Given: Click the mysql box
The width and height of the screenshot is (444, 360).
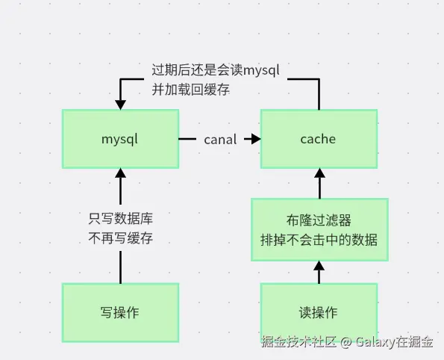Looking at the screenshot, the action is (x=120, y=139).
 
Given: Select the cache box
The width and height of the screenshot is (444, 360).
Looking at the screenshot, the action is (x=319, y=139).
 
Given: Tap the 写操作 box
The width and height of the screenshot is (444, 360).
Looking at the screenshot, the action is (x=120, y=313).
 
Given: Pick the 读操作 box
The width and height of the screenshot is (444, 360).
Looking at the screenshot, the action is (x=319, y=311).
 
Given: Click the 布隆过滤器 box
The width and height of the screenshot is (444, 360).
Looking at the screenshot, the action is (x=319, y=229).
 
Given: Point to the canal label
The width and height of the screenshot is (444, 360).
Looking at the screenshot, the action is (x=220, y=140).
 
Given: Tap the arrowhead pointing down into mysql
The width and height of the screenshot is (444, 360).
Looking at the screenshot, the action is (x=120, y=105).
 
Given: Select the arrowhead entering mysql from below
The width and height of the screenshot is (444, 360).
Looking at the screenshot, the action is (x=120, y=173).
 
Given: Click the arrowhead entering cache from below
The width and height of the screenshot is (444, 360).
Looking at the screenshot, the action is (x=319, y=173).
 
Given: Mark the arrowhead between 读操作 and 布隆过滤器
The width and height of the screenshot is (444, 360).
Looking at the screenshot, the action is (x=319, y=266).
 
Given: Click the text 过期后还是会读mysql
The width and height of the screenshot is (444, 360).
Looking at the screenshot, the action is (x=216, y=70).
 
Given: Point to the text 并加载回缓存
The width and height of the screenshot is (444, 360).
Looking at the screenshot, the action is (x=190, y=90).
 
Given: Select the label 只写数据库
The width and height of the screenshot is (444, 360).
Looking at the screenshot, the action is (x=121, y=219).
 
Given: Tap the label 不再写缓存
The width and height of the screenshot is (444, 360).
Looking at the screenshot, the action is (x=121, y=238).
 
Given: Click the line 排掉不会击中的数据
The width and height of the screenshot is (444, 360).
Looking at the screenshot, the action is (x=319, y=240).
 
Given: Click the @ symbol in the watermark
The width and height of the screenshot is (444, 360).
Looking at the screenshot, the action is (x=346, y=342).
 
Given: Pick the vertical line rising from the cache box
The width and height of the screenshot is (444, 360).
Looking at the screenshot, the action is (x=319, y=94).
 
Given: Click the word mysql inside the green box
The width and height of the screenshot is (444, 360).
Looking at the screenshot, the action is (x=119, y=140).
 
